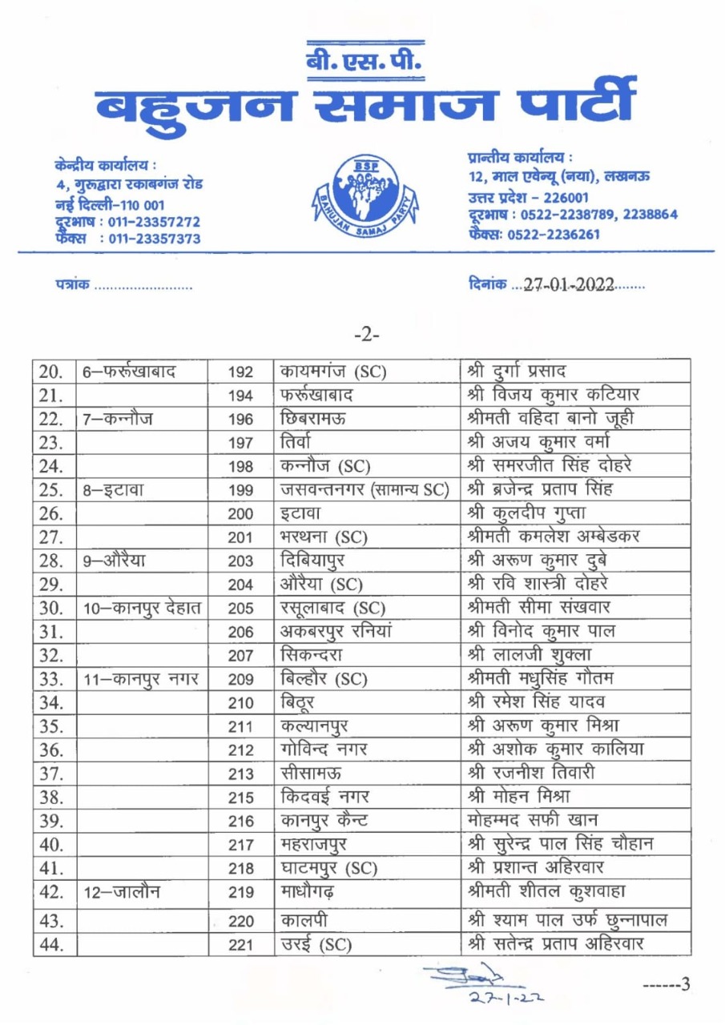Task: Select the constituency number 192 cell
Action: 240,372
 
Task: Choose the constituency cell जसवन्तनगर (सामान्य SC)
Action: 363,489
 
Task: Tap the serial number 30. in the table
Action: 51,608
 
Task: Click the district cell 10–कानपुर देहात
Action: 143,608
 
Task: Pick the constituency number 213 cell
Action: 240,774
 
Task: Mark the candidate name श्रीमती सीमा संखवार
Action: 543,608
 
